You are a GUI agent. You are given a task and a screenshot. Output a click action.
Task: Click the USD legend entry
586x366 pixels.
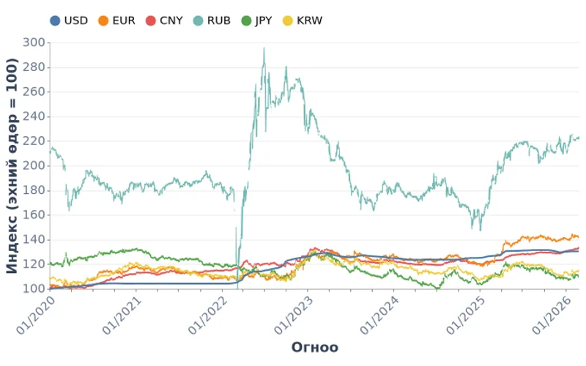(x=69, y=20)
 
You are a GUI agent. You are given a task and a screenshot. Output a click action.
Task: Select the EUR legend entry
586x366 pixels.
(x=116, y=20)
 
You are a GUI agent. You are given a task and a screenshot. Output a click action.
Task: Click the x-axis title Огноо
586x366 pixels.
(x=315, y=347)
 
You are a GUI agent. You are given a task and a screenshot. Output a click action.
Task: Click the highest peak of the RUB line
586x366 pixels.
(x=264, y=48)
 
